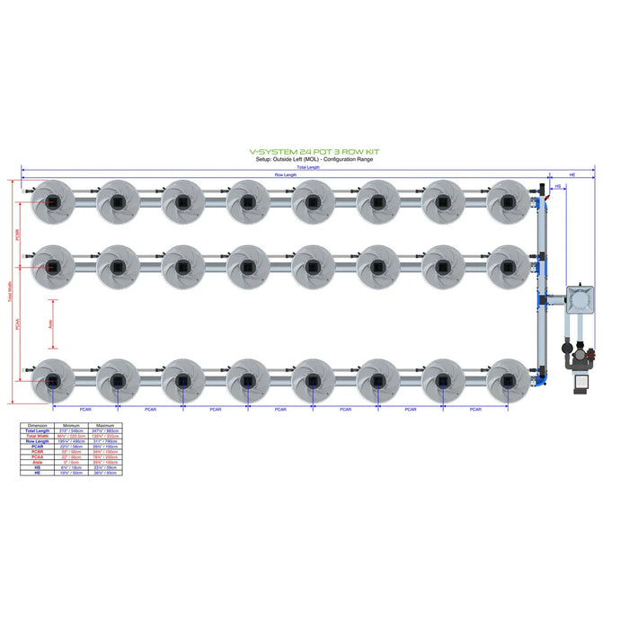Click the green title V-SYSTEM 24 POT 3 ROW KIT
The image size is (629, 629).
point(314,153)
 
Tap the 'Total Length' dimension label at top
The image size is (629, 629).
point(307,167)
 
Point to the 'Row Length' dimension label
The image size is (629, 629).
point(286,174)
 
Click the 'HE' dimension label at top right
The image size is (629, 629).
point(571,174)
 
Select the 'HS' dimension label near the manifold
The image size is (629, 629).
point(557,187)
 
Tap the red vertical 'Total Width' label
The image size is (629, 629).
point(12,292)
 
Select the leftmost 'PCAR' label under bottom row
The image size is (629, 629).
point(84,410)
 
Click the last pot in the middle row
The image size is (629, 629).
point(508,266)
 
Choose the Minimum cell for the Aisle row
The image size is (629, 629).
point(70,463)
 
